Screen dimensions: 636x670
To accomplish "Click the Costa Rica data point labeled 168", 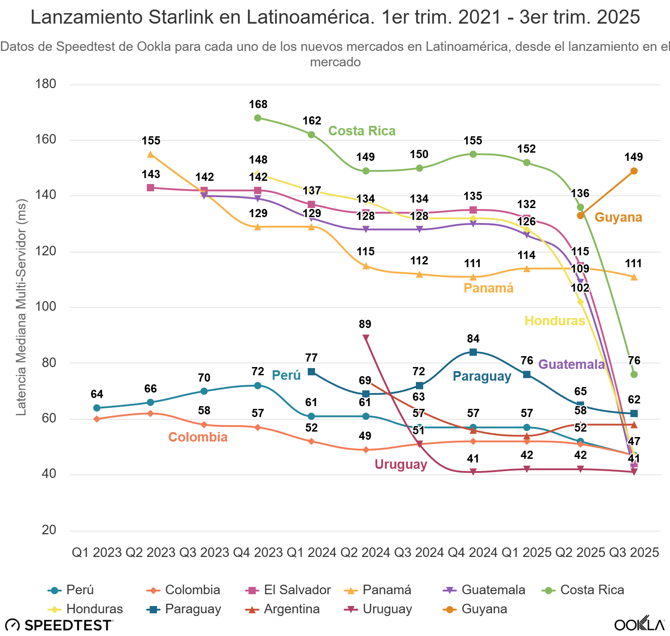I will tap(258, 118).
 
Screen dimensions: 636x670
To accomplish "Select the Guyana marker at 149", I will tap(634, 171).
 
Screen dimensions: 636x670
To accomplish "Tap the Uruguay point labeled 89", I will tap(365, 338).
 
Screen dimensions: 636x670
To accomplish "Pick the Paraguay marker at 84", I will tap(473, 352).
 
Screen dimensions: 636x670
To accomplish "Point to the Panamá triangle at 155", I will tap(150, 154).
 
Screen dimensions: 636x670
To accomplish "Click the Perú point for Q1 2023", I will tap(97, 408).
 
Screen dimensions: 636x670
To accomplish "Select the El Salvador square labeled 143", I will tap(150, 188).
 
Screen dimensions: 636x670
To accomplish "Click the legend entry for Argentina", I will tap(283, 609).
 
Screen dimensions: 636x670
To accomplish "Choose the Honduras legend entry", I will tap(85, 609).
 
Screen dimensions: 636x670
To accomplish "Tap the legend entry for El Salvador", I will tap(288, 590).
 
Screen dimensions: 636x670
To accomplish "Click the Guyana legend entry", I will tap(475, 609).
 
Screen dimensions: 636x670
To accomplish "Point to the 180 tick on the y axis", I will tap(46, 84).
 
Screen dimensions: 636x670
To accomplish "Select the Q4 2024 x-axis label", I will tap(473, 552).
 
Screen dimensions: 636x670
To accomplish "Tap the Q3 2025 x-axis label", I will tap(634, 552).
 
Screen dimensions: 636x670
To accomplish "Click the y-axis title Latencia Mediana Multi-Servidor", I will tap(21, 308).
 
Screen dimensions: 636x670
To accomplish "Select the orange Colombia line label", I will tap(198, 437).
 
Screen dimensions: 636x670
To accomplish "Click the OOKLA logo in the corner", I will tap(639, 625).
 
